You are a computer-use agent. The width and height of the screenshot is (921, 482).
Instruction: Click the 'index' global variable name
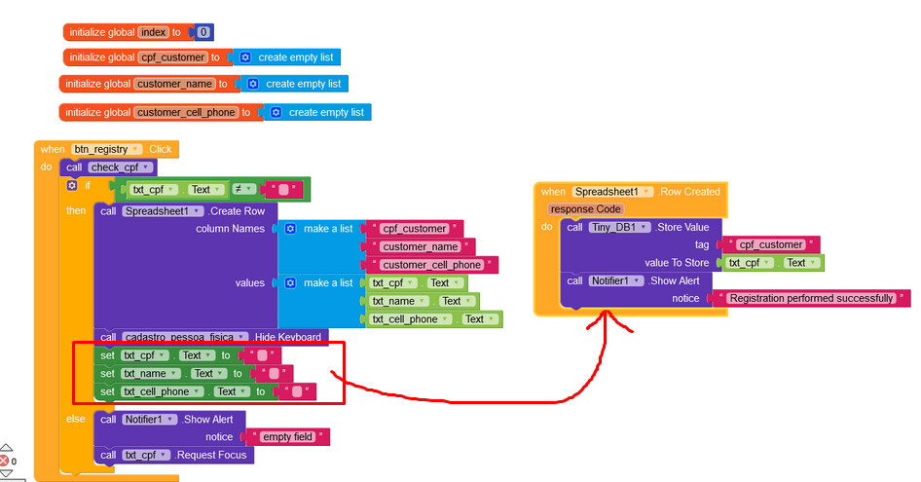[154, 32]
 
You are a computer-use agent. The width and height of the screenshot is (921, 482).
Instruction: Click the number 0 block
[203, 32]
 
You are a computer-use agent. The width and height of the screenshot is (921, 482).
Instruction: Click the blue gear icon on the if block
[72, 185]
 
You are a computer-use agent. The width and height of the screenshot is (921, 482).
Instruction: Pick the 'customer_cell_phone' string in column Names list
[431, 265]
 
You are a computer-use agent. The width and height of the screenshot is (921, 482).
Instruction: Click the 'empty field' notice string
[289, 436]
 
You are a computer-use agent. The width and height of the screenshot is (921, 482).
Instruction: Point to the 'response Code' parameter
[585, 208]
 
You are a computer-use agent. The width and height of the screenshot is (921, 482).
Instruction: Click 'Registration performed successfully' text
[811, 298]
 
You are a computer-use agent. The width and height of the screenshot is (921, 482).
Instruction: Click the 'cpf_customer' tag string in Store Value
[770, 244]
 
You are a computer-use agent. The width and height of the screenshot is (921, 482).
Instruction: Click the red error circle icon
[5, 460]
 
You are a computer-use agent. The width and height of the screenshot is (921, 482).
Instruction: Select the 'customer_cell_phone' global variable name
[186, 112]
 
